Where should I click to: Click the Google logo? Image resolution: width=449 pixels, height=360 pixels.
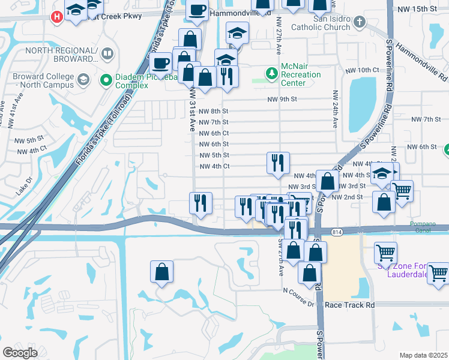point(20,353)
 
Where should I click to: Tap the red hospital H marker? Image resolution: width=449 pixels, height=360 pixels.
point(57,16)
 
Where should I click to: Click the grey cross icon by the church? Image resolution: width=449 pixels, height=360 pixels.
point(359,23)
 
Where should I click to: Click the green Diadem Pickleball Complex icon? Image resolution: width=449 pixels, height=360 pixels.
point(106,79)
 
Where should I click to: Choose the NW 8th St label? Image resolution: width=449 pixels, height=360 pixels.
point(214,111)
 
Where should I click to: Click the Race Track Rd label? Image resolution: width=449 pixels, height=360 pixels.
point(349,305)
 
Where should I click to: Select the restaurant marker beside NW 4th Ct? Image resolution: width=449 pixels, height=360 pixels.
point(278,163)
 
